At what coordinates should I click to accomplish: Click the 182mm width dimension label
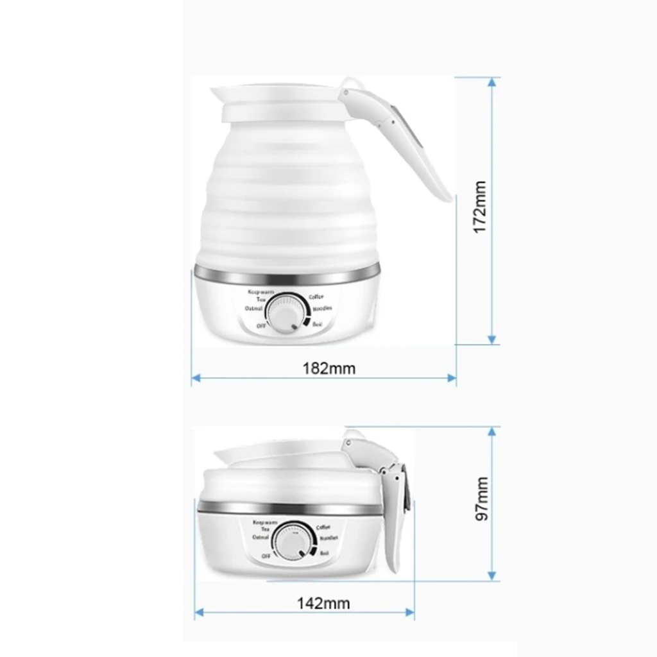tap(328, 368)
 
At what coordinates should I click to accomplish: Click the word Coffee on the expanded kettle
tap(316, 297)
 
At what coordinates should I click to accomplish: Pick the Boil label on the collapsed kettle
tap(324, 552)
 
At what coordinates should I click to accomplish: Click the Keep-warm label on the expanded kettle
tap(261, 293)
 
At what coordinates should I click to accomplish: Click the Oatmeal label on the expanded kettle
tap(253, 309)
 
